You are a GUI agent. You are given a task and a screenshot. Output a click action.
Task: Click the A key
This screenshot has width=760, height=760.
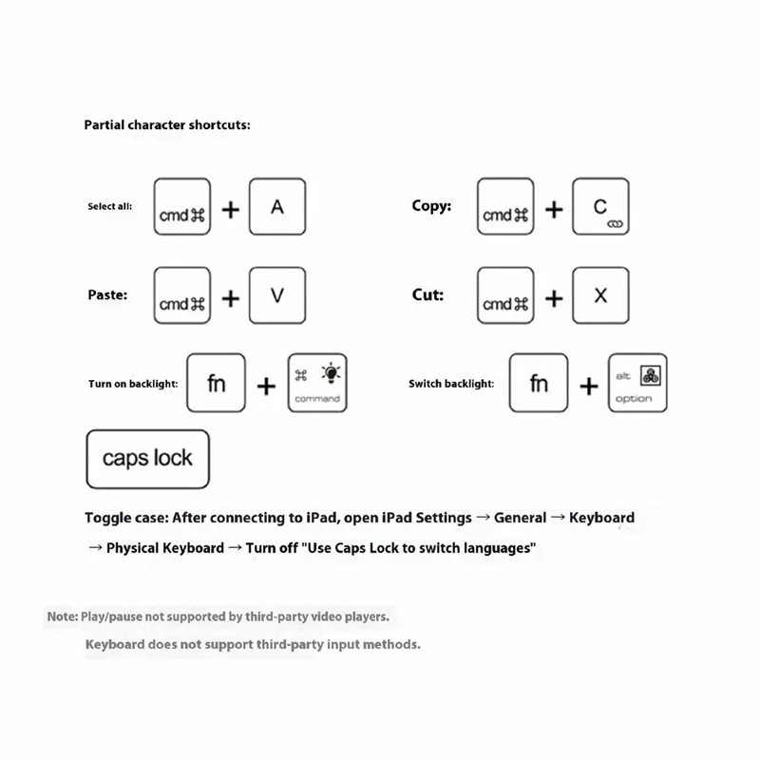[x=277, y=206]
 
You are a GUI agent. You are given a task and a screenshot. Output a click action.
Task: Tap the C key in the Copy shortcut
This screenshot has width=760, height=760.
[x=600, y=206]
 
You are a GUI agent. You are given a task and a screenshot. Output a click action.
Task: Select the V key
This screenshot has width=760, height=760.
[x=277, y=295]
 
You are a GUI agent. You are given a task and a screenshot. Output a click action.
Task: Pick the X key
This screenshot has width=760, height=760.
[x=600, y=295]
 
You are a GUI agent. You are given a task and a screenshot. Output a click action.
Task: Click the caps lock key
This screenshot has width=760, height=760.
[x=147, y=459]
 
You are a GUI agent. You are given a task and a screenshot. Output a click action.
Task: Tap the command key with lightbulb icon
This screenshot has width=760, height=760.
[x=317, y=383]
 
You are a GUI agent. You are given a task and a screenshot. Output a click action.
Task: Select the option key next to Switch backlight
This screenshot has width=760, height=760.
[x=637, y=383]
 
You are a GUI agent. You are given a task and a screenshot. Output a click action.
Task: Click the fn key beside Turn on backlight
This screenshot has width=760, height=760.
[x=216, y=383]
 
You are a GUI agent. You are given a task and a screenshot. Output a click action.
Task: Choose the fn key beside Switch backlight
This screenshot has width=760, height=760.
[x=539, y=383]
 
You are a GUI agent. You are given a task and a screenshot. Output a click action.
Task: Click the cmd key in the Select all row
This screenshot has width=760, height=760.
[x=182, y=207]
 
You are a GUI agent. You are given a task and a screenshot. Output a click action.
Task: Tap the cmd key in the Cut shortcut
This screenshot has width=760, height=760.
[x=505, y=296]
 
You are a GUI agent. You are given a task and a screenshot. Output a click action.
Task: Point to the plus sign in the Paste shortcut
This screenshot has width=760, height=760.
[x=230, y=298]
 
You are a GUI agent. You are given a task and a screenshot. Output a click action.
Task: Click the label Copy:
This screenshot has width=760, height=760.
[x=431, y=205]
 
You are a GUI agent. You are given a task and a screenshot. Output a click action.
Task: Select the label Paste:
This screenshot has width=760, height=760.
[x=107, y=294]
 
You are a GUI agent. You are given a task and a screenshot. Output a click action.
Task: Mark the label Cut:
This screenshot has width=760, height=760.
[x=427, y=294]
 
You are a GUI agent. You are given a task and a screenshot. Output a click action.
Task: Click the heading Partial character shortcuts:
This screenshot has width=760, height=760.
[x=167, y=124]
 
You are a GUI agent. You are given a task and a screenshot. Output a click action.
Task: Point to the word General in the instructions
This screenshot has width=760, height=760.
[x=520, y=518]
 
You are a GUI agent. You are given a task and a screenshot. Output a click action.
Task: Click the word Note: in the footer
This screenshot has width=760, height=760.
[x=63, y=617]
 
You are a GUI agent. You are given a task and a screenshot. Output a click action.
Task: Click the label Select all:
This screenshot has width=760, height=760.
[x=110, y=206]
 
